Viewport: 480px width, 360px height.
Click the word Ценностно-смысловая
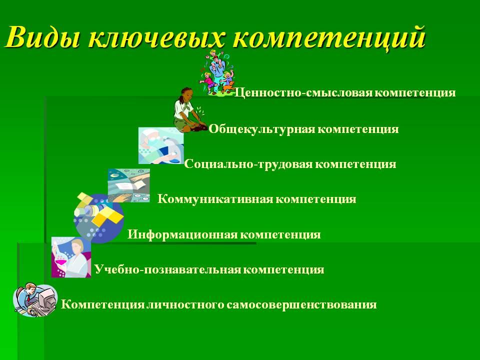point(303,93)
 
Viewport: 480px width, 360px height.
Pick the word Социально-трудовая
point(248,164)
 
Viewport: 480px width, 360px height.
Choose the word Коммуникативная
point(215,199)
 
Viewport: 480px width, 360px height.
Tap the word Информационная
point(182,235)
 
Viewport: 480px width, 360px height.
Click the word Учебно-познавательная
point(167,269)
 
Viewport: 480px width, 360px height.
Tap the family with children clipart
point(216,74)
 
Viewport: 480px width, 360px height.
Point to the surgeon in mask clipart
point(161,145)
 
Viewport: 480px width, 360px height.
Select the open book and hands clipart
point(129,185)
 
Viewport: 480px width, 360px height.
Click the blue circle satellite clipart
point(98,218)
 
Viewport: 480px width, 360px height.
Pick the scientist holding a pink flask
point(71,257)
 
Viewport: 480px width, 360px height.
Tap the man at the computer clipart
point(35,299)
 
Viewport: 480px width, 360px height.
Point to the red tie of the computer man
point(28,299)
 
